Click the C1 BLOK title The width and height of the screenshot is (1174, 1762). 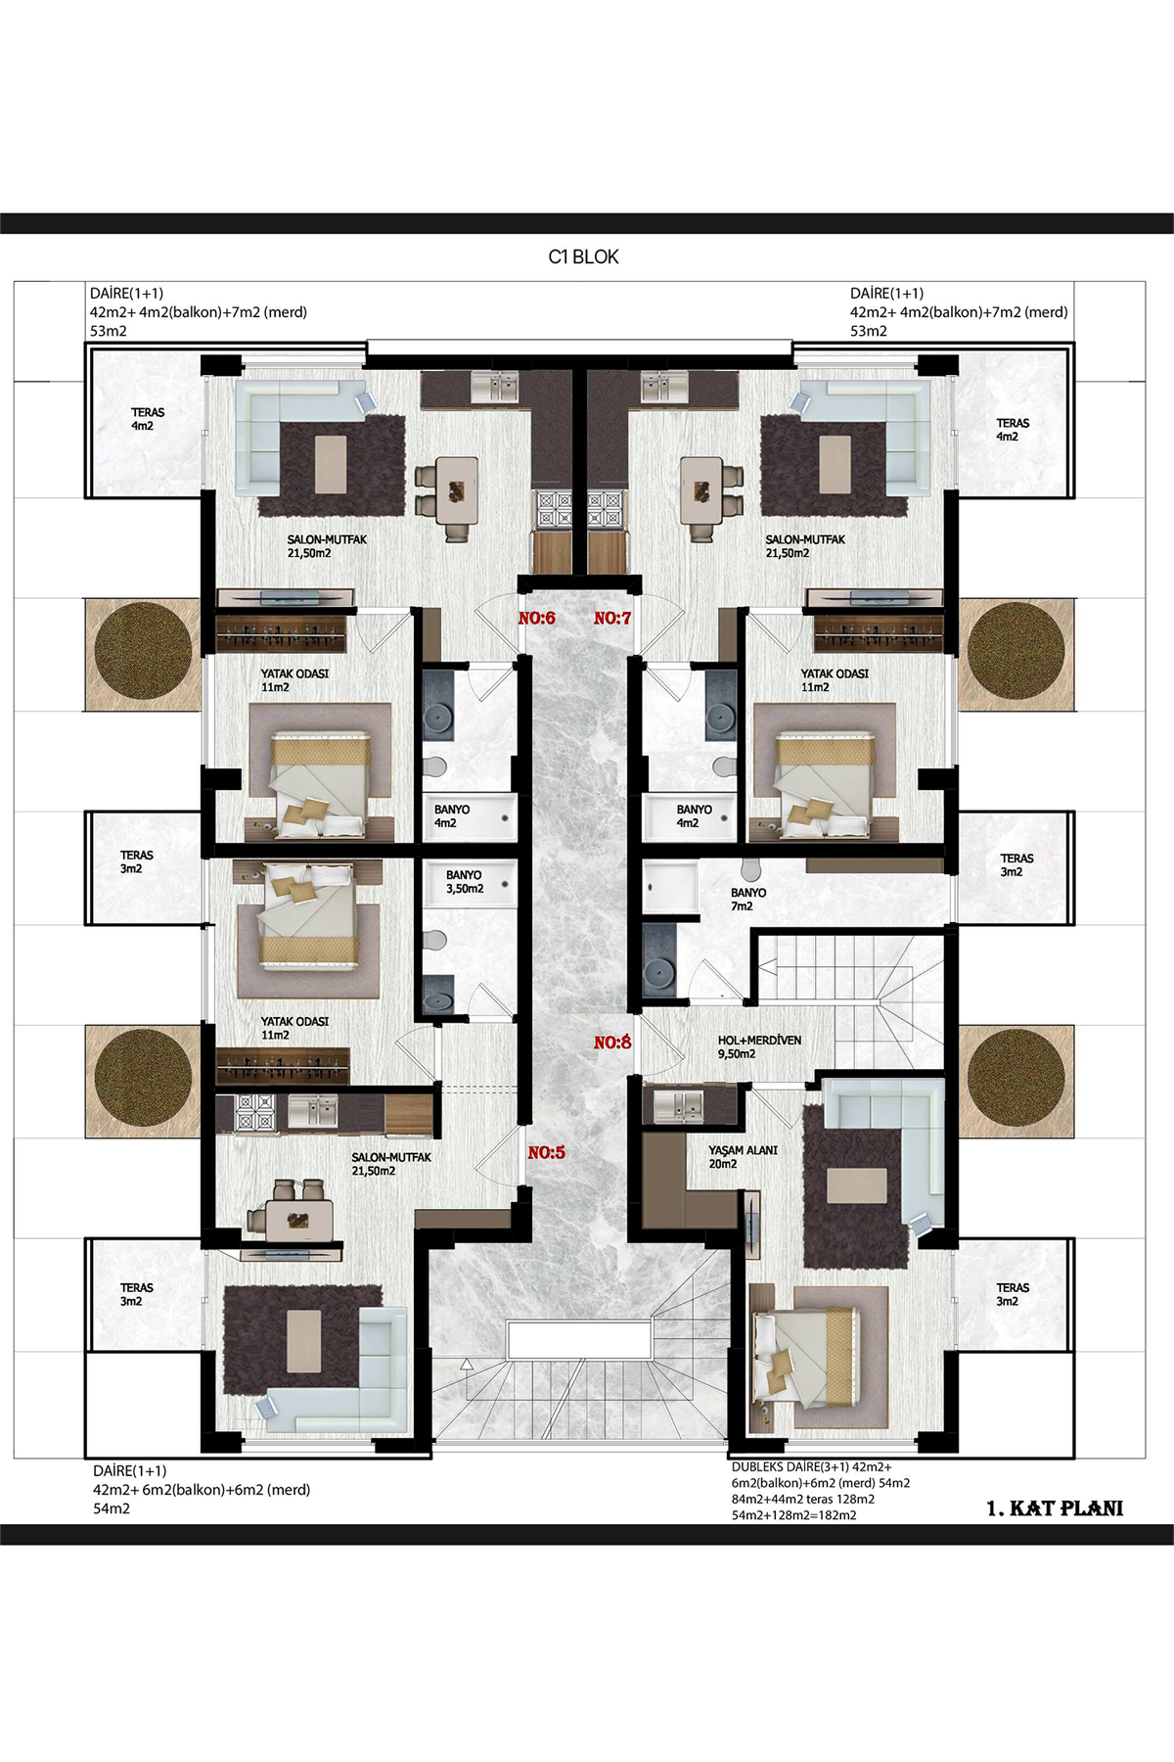tap(583, 256)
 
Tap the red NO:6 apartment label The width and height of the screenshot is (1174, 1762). tap(537, 618)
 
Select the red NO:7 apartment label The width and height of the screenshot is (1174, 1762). tap(612, 618)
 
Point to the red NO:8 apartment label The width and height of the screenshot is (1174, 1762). tap(612, 1043)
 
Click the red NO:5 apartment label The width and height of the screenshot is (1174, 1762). tap(547, 1152)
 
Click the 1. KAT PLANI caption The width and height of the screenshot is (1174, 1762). tap(1055, 1508)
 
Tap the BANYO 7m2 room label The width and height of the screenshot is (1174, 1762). tap(748, 900)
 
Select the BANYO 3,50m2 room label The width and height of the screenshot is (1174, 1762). tap(465, 882)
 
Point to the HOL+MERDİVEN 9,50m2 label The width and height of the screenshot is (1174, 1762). tap(759, 1047)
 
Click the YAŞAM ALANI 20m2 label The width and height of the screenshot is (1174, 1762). tap(744, 1157)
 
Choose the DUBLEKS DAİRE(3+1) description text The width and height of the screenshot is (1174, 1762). tap(821, 1491)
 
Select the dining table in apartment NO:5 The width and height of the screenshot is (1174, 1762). tap(298, 1220)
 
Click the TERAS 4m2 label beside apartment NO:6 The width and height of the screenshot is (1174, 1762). tap(148, 419)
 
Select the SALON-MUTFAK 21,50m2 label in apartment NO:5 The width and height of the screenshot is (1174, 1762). tap(391, 1164)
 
